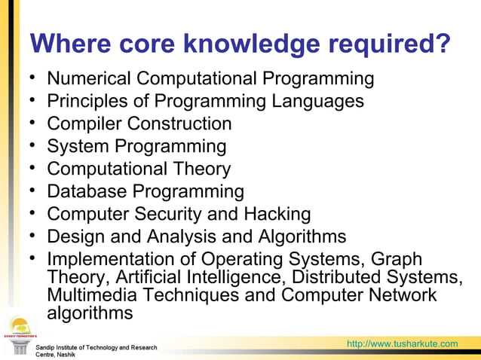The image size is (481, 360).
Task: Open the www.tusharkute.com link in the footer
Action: pos(402,345)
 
